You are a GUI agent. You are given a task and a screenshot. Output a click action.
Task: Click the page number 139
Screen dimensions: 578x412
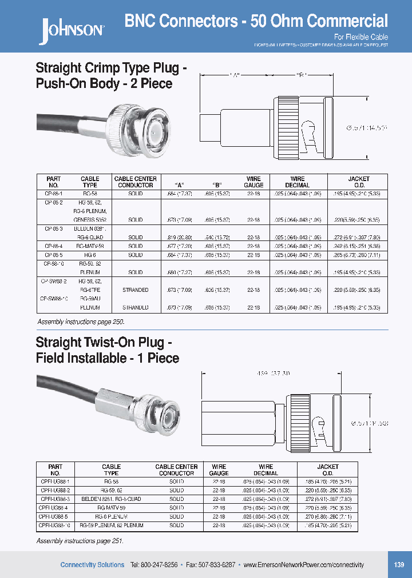pos(399,564)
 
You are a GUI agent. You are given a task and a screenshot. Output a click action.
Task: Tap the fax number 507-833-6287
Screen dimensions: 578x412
pos(211,565)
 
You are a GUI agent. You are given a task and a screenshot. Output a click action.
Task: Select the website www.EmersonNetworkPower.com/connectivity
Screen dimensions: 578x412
pos(303,565)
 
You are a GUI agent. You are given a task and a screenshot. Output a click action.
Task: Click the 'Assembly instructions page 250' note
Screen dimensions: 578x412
pos(81,322)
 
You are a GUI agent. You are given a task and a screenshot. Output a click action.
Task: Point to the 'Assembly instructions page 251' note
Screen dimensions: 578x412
pos(80,540)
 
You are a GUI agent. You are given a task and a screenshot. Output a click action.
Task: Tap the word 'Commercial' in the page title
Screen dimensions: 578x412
pos(347,22)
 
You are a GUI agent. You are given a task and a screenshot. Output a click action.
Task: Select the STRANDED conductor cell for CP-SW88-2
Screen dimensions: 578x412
pos(136,290)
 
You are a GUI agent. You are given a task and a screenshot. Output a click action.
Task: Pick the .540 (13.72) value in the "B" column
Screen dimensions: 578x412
pos(217,236)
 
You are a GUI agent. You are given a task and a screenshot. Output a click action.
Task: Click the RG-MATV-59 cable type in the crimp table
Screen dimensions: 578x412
pos(90,246)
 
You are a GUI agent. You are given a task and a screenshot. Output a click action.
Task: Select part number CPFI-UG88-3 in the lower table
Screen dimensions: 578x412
pos(55,499)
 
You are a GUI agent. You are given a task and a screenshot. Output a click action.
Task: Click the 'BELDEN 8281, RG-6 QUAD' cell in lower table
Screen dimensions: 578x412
pos(112,499)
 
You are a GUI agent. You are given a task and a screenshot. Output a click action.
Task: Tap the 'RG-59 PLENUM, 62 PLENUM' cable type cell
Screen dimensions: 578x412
pos(112,524)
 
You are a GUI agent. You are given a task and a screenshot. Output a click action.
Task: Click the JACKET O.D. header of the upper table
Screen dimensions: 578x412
pos(359,182)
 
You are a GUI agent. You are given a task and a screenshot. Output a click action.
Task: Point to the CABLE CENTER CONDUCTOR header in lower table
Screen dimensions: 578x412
pos(176,469)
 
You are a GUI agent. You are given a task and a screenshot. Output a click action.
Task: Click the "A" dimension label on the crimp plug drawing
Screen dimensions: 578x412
pos(234,75)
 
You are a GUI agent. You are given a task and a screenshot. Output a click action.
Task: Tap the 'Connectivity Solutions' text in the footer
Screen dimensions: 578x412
pos(92,565)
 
